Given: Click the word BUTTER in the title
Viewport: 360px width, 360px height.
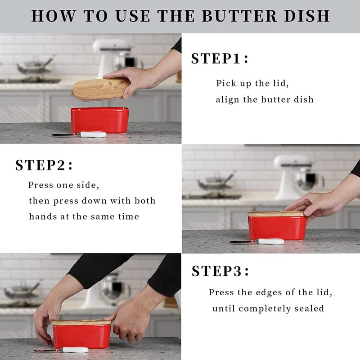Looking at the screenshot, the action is point(239,16).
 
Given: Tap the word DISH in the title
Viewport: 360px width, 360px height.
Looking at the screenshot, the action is point(307,16).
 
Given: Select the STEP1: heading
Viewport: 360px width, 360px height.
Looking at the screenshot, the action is point(220,58).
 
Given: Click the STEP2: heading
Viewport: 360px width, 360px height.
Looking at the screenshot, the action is point(44,165).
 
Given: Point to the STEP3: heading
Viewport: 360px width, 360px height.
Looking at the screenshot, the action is point(220,271).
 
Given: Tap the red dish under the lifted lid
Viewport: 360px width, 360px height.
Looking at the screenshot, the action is point(99,120).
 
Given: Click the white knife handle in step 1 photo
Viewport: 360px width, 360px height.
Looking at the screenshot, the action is point(92,134).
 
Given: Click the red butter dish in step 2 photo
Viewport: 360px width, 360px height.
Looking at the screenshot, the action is point(277,226).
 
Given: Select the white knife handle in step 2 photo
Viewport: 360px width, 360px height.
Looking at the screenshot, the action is point(270,241).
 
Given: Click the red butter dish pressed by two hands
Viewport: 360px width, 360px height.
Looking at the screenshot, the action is point(82,335).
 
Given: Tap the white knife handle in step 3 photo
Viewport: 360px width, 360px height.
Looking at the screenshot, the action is point(74,350).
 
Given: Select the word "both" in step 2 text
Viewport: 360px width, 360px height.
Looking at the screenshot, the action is point(145,201).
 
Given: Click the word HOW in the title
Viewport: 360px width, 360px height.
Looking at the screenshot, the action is point(53,16).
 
